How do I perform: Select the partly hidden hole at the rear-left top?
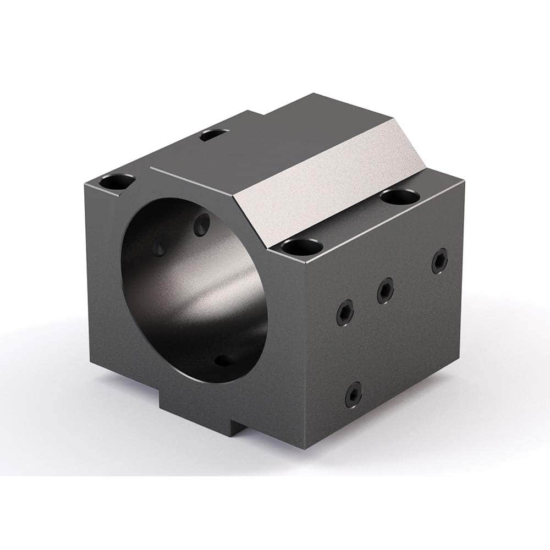(x=215, y=134)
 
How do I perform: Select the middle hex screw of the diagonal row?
(x=386, y=290)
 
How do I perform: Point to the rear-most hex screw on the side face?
(x=440, y=261)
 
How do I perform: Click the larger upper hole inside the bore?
(x=202, y=223)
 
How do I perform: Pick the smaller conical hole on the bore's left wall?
(x=159, y=246)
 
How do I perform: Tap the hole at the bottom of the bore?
(x=222, y=360)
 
